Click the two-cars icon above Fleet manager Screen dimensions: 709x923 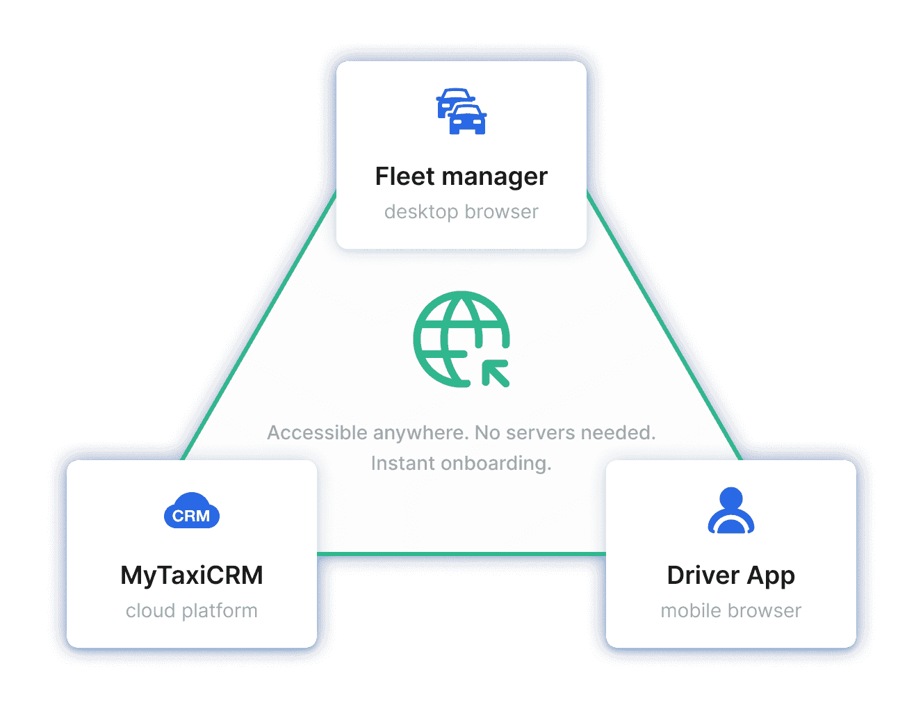tap(461, 112)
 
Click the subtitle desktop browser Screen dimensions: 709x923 tap(461, 211)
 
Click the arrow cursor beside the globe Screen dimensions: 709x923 tap(496, 373)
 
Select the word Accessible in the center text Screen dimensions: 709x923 tap(317, 433)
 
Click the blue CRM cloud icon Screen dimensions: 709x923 tap(192, 512)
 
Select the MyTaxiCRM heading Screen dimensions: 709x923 tap(192, 576)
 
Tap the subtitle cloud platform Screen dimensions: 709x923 tap(192, 611)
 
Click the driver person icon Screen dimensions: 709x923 tap(730, 511)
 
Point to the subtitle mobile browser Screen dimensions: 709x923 tap(730, 611)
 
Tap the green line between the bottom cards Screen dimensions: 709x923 tap(461, 554)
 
